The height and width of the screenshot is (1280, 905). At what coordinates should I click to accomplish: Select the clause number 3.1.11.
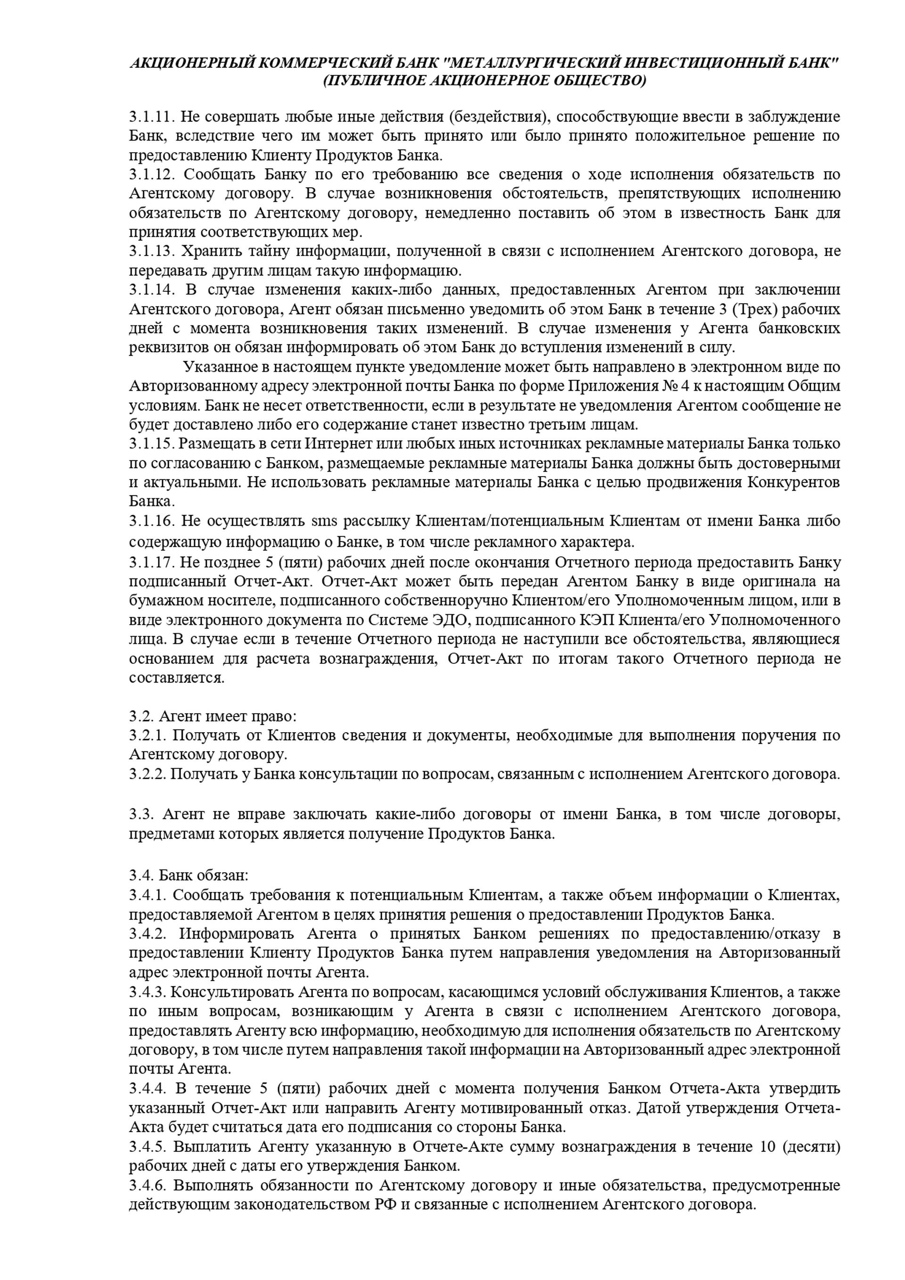pos(153,117)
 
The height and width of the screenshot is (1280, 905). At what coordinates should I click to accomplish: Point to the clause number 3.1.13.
pos(153,251)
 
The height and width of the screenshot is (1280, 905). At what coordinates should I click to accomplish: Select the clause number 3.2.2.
pos(148,774)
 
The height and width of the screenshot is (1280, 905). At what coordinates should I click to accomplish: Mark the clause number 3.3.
pos(141,815)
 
